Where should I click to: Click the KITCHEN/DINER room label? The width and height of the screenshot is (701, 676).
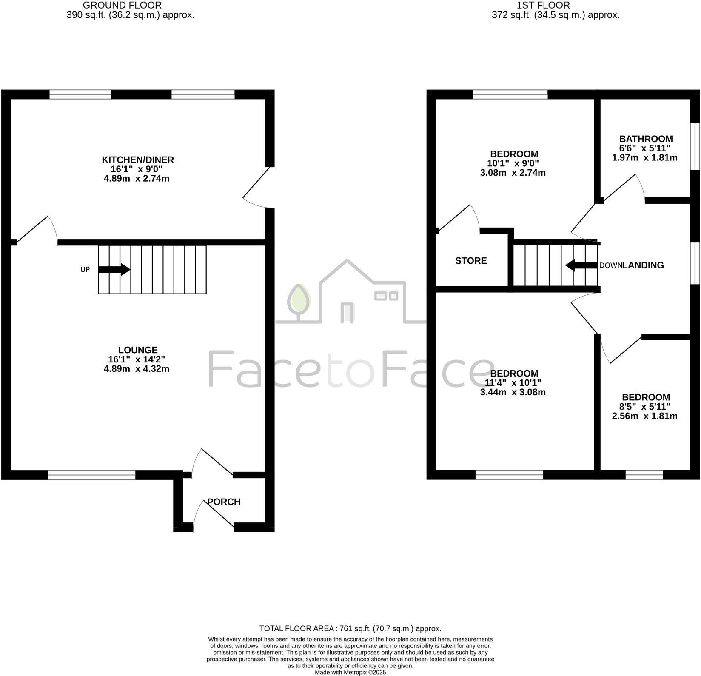point(137,160)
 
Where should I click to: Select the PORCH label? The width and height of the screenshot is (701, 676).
point(224,502)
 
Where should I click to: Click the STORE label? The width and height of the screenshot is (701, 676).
point(471,261)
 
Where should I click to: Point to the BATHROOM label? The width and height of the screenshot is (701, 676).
point(646,139)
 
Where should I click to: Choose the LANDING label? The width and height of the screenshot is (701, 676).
point(643,265)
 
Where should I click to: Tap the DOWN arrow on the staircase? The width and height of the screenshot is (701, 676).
point(581,265)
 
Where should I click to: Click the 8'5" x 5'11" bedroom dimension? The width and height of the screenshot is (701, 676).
point(644,407)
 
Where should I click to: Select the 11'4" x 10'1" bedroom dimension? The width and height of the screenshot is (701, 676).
point(513,383)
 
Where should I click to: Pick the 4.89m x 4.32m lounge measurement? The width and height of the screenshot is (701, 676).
point(137,368)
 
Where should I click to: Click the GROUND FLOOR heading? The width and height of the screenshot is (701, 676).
point(122,5)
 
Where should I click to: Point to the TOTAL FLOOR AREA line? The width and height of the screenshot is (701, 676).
point(350,628)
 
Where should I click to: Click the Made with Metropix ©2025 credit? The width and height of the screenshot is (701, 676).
point(350,673)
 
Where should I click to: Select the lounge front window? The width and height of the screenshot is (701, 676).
point(91,475)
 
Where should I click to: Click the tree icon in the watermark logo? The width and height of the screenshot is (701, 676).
point(299,300)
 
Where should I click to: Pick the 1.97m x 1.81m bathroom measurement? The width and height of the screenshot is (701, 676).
point(644,157)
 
